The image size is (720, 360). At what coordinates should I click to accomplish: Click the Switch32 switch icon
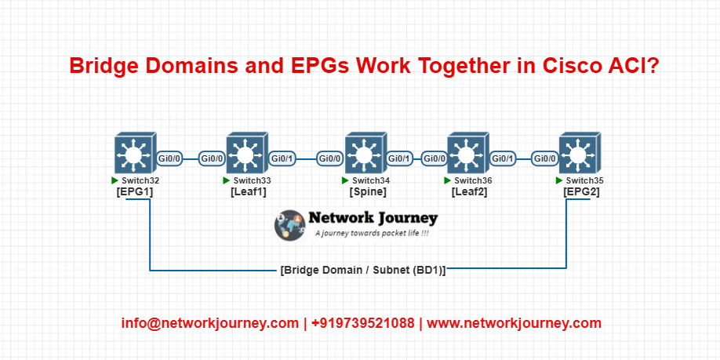coord(136,154)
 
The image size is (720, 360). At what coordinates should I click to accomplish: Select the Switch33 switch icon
coord(247,154)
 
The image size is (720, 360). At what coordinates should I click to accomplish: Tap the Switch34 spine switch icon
coord(366,154)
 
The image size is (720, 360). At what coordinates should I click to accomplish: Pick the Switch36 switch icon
coord(468,154)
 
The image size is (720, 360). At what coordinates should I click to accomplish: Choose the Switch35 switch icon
coord(580,154)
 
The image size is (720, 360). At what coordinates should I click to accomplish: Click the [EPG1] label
coord(135,192)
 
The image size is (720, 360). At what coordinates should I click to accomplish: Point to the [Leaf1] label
coord(248,192)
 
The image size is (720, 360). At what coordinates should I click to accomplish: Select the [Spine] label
coord(368,192)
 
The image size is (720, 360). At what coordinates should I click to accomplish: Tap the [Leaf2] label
coord(469,192)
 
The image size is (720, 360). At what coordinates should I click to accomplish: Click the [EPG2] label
coord(581,192)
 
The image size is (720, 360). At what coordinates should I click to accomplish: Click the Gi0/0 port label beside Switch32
coord(170,159)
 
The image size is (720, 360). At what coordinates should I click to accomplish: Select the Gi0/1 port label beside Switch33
coord(282,159)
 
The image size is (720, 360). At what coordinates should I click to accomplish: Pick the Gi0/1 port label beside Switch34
coord(400,159)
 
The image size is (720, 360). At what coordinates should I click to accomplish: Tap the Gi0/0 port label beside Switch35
coord(544,159)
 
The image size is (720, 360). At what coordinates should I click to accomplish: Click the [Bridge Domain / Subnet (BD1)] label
coord(363,270)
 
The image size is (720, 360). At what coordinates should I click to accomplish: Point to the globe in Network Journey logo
coord(289,225)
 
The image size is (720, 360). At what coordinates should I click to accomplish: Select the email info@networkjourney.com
coord(210,323)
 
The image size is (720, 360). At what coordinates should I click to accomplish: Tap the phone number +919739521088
coord(363,323)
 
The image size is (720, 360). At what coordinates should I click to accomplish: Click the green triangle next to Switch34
coord(345,180)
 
